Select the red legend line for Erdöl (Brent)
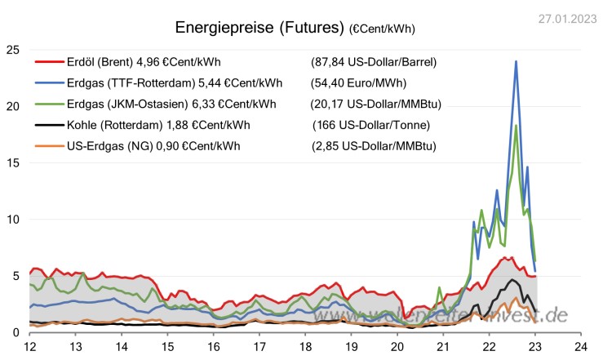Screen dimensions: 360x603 coord(48,61)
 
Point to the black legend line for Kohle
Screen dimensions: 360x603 coord(48,125)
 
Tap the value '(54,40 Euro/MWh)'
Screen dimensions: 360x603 coord(359,82)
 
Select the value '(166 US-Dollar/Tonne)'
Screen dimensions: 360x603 coord(371,125)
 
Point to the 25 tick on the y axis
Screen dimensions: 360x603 coord(12,50)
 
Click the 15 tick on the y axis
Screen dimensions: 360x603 coord(12,162)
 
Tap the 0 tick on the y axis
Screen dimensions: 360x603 coord(16,332)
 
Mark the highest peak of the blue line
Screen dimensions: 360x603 coord(516,61)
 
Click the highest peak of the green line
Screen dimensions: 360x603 coord(516,125)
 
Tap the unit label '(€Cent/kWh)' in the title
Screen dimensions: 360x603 coord(382,29)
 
